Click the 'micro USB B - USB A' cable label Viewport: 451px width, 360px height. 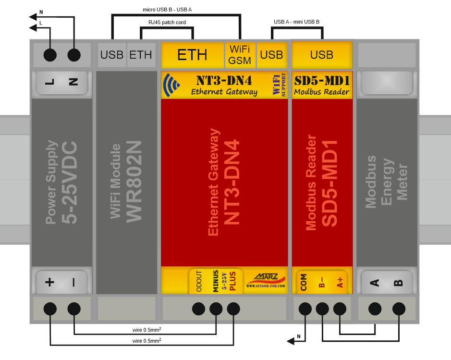click(168, 9)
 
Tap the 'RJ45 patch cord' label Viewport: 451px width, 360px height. click(167, 22)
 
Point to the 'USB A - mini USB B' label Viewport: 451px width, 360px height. click(296, 22)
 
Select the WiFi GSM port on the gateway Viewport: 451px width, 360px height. click(240, 55)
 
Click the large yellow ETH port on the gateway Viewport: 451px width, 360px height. click(192, 55)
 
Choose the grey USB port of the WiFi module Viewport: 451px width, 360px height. click(112, 55)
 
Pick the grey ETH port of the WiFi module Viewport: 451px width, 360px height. click(141, 55)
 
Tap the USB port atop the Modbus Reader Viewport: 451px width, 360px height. click(322, 55)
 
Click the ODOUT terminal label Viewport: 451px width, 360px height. click(199, 281)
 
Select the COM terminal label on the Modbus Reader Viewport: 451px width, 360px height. click(304, 282)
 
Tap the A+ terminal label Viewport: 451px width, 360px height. click(340, 282)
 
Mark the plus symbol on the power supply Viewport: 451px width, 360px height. click(49, 282)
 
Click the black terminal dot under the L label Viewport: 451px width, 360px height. click(49, 55)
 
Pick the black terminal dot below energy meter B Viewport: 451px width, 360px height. click(399, 309)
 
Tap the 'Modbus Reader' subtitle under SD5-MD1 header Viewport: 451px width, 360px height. click(321, 92)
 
